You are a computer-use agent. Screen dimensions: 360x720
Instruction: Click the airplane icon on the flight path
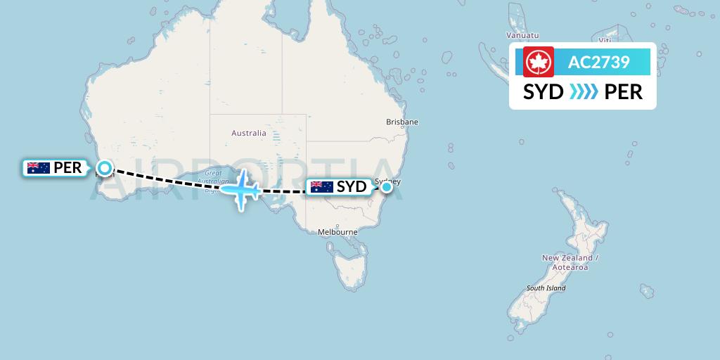pyautogui.click(x=241, y=188)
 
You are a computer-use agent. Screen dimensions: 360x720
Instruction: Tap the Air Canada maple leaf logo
pyautogui.click(x=539, y=62)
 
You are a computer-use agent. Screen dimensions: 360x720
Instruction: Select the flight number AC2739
pyautogui.click(x=598, y=62)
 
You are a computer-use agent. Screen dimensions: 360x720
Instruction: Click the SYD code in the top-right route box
pyautogui.click(x=544, y=92)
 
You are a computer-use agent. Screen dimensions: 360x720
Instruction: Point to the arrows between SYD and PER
pyautogui.click(x=583, y=92)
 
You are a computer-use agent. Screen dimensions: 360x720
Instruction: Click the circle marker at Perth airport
pyautogui.click(x=105, y=168)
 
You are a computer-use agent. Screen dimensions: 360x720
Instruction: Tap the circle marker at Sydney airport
pyautogui.click(x=386, y=187)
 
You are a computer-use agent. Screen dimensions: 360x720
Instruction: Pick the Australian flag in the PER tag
pyautogui.click(x=38, y=168)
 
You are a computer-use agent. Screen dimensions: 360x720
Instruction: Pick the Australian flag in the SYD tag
pyautogui.click(x=321, y=187)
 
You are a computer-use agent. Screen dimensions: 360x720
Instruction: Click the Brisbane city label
pyautogui.click(x=402, y=122)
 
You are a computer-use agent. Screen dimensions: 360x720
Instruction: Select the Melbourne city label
pyautogui.click(x=337, y=232)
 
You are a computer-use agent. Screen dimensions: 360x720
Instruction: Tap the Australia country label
pyautogui.click(x=249, y=133)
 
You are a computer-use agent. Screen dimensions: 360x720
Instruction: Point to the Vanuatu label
pyautogui.click(x=522, y=35)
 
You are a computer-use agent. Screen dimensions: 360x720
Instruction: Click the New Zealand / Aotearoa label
pyautogui.click(x=570, y=262)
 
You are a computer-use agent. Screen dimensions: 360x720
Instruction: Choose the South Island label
pyautogui.click(x=546, y=288)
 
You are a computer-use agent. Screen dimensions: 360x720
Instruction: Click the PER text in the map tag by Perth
pyautogui.click(x=68, y=168)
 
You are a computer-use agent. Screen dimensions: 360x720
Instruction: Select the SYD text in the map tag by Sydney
pyautogui.click(x=352, y=187)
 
